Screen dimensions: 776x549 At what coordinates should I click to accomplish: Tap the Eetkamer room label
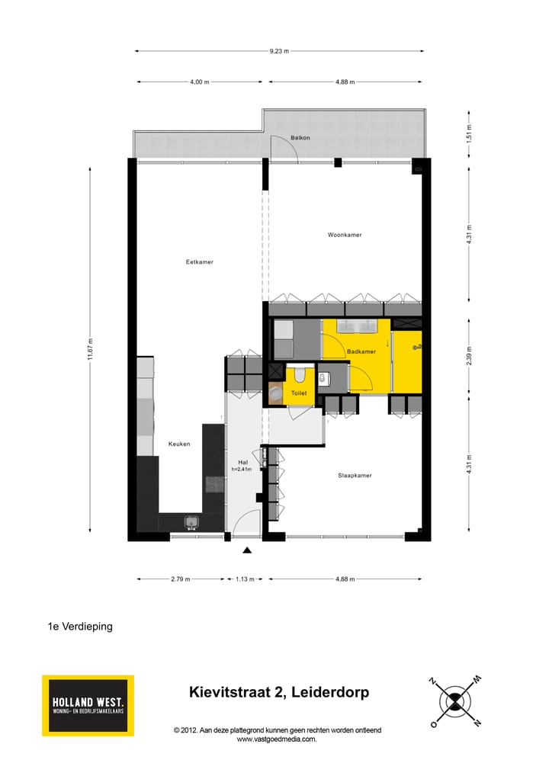pyautogui.click(x=200, y=262)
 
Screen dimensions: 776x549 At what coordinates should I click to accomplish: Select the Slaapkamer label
pyautogui.click(x=355, y=475)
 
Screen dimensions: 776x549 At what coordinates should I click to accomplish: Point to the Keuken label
pyautogui.click(x=179, y=444)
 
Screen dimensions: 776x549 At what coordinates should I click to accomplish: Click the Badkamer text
pyautogui.click(x=361, y=351)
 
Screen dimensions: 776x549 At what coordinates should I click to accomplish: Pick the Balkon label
pyautogui.click(x=300, y=138)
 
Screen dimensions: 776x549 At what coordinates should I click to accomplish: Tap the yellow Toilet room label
pyautogui.click(x=299, y=393)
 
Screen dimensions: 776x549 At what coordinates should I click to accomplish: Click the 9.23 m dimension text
pyautogui.click(x=279, y=51)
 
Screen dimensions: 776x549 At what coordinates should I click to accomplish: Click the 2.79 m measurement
pyautogui.click(x=181, y=579)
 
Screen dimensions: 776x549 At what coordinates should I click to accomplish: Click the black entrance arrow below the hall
pyautogui.click(x=246, y=550)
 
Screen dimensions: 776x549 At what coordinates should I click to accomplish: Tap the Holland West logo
pyautogui.click(x=88, y=705)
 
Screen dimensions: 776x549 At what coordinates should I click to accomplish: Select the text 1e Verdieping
pyautogui.click(x=80, y=627)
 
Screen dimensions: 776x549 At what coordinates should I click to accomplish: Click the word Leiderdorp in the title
pyautogui.click(x=332, y=693)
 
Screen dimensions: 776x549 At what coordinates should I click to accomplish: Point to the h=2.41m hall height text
pyautogui.click(x=243, y=469)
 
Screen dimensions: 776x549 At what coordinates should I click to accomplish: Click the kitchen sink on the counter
pyautogui.click(x=191, y=522)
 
